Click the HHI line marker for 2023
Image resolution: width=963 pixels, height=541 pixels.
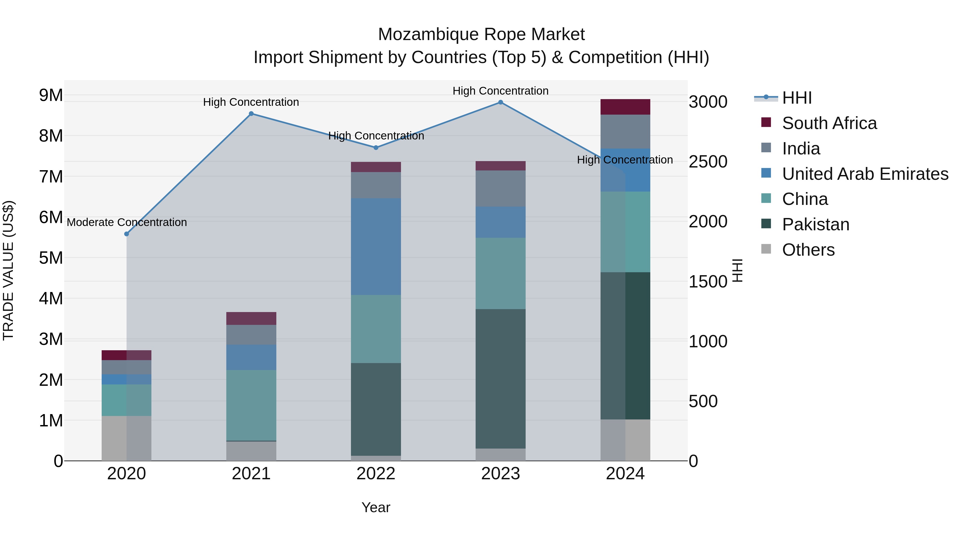tap(500, 102)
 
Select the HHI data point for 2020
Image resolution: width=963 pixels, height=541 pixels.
tap(126, 234)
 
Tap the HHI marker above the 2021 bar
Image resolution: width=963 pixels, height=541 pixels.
tap(251, 114)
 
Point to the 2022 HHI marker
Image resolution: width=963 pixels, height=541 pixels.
tap(376, 148)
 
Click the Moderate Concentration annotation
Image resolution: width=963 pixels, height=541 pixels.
tap(127, 223)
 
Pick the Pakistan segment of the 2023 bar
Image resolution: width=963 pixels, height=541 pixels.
tap(500, 379)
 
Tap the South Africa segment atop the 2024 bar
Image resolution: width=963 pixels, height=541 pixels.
tap(625, 107)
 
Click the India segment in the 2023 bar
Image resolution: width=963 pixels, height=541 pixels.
tap(500, 189)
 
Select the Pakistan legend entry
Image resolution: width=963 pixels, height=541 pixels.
tap(815, 225)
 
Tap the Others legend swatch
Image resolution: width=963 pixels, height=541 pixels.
tap(766, 249)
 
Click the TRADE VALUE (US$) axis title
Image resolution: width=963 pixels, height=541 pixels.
tap(9, 270)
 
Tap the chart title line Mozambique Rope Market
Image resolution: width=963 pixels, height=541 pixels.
tap(481, 35)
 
